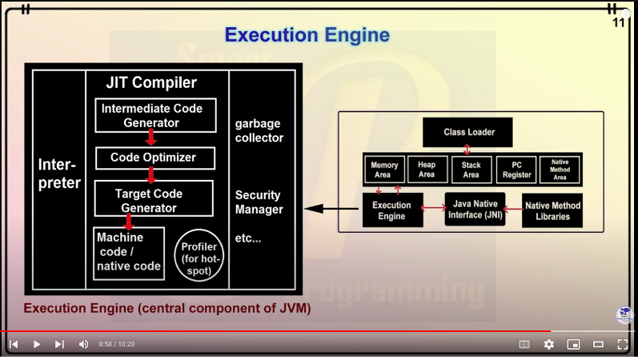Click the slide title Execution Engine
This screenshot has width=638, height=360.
307,35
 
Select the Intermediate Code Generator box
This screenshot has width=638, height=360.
155,115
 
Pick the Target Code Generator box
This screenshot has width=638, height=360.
153,200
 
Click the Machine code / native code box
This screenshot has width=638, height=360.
128,253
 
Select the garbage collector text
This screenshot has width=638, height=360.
259,130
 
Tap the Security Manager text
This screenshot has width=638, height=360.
259,202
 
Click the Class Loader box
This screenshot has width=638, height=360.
468,132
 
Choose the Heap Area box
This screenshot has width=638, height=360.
427,170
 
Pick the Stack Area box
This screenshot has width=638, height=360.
471,170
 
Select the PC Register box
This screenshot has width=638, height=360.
516,170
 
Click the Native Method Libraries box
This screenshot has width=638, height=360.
552,210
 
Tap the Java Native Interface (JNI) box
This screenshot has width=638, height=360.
475,210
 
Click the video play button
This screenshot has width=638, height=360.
36,344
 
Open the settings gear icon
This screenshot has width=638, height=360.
548,344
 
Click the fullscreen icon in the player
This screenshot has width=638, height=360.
622,344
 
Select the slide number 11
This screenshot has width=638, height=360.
618,22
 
